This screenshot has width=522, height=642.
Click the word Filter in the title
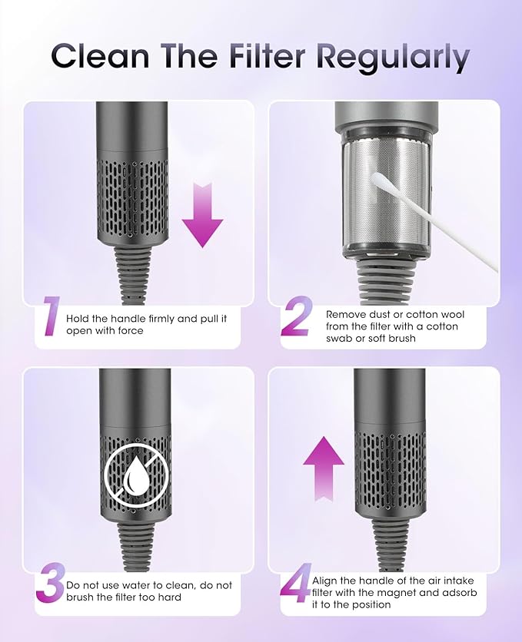pyautogui.click(x=268, y=56)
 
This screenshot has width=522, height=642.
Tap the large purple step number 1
pyautogui.click(x=52, y=316)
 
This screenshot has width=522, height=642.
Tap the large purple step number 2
pyautogui.click(x=297, y=316)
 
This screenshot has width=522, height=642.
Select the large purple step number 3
pyautogui.click(x=51, y=583)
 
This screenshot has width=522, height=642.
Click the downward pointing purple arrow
pyautogui.click(x=203, y=215)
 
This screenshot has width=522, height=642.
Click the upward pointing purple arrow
pyautogui.click(x=324, y=468)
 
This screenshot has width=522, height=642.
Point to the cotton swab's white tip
pyautogui.click(x=378, y=178)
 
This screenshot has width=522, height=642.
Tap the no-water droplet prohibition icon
pyautogui.click(x=136, y=475)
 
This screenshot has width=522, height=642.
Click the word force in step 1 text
pyautogui.click(x=131, y=331)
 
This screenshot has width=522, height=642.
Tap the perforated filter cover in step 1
pyautogui.click(x=132, y=199)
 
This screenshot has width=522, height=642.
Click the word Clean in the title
pyautogui.click(x=101, y=56)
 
